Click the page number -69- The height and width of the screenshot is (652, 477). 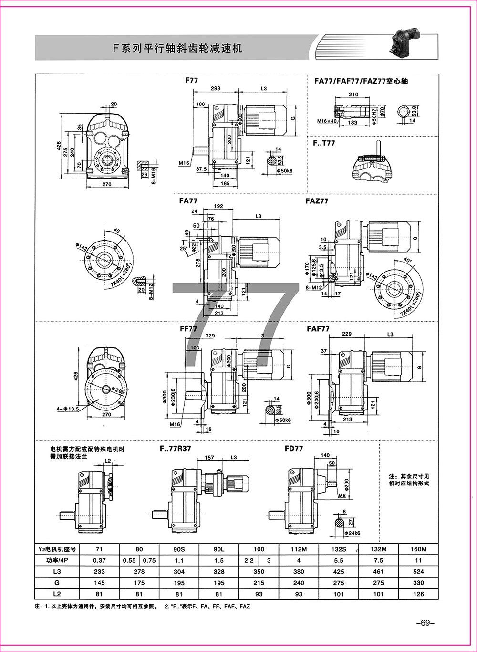[x=426, y=622]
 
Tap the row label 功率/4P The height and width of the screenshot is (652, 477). [x=56, y=560]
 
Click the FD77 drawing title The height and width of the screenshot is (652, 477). [x=294, y=449]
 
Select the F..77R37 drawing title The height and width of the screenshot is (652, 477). [x=175, y=449]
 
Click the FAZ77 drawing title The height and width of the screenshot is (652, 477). [x=317, y=201]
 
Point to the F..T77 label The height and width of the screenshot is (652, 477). [x=324, y=143]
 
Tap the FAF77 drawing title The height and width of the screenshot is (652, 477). [x=318, y=329]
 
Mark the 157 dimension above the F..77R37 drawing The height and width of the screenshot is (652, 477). [x=209, y=457]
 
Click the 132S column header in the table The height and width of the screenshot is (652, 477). [x=339, y=549]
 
